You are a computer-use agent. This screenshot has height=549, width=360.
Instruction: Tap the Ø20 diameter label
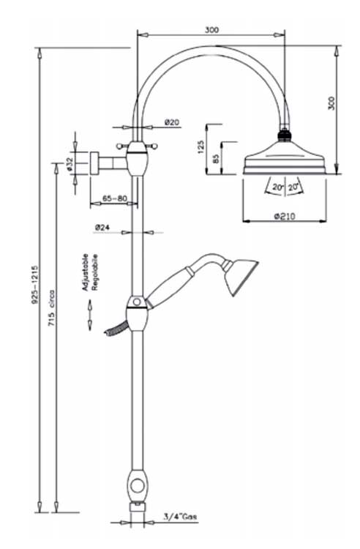pos(173,122)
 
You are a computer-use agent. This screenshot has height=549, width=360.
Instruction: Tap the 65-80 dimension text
pos(115,198)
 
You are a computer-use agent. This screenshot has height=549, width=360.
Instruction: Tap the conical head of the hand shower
pos(241,275)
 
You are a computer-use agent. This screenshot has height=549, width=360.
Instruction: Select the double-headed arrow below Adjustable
pos(89,315)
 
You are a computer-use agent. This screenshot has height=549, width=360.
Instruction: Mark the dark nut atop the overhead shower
pos(284,135)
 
